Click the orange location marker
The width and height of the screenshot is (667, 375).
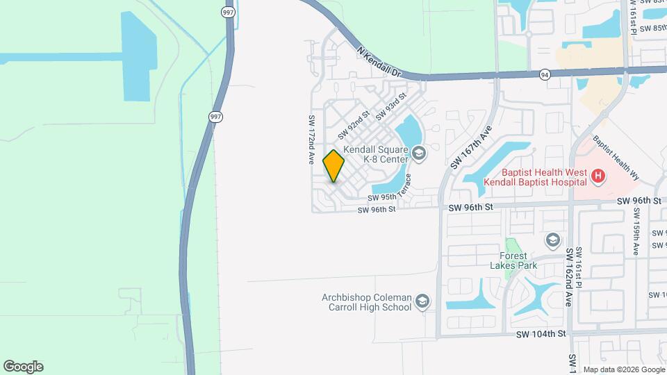click(333, 166)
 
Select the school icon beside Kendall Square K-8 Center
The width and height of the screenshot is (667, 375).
click(418, 152)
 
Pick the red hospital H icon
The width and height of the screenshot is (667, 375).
click(598, 177)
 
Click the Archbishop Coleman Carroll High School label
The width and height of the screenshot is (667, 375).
click(367, 302)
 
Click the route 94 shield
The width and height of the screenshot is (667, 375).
click(545, 74)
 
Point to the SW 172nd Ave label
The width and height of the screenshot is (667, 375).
click(311, 139)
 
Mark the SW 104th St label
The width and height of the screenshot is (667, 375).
click(542, 334)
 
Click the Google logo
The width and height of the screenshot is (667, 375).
click(23, 366)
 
